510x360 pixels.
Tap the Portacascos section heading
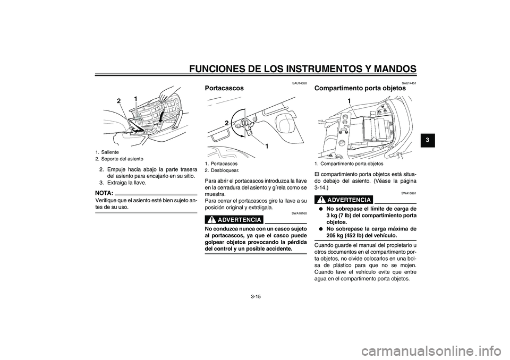tap(224, 88)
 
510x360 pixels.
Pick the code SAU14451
tap(409, 82)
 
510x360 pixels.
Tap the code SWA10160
tap(300, 212)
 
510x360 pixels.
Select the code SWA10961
tap(409, 193)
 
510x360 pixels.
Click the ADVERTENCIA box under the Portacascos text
tap(234, 220)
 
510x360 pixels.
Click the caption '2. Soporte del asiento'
tap(120, 159)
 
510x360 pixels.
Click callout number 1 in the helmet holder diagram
tap(266, 145)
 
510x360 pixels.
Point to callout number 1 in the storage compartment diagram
tap(350, 100)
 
